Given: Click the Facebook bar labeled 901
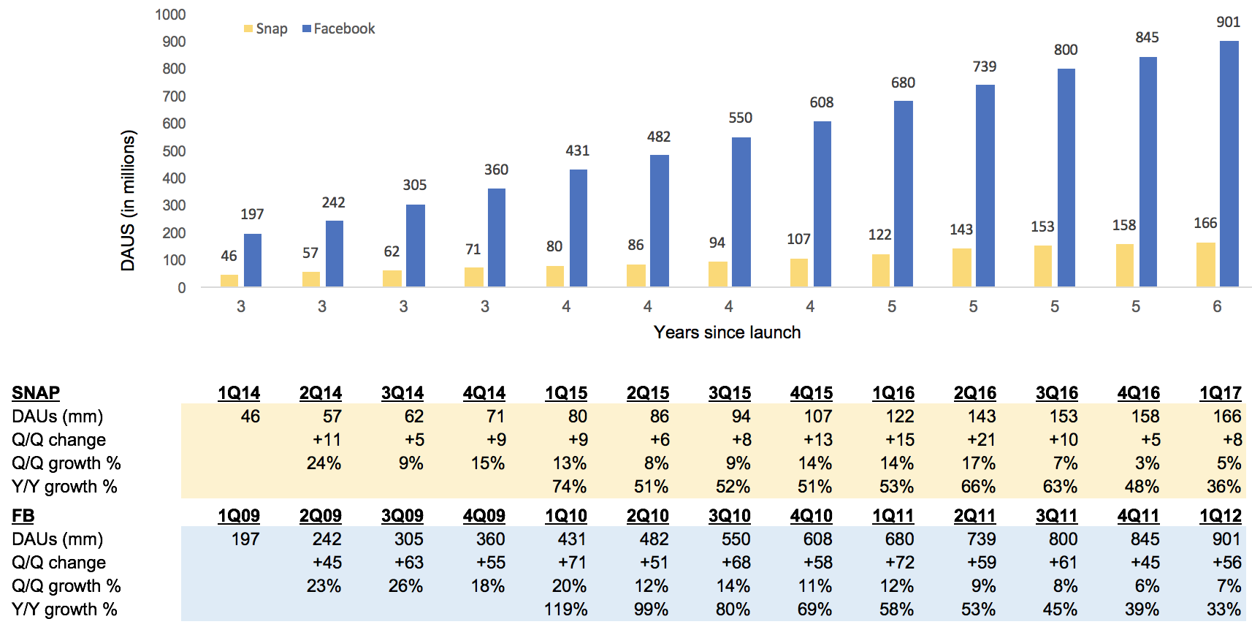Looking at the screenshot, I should point(1229,164).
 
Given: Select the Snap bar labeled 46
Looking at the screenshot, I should point(229,281).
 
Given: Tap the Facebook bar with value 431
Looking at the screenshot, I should point(578,228).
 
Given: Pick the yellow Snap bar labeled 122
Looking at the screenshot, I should point(880,270).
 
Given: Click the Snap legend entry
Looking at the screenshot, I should point(265,29).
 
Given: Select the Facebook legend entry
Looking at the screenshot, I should point(338,29).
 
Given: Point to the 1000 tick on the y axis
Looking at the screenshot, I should point(170,15).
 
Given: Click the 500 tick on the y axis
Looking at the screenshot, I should point(173,151).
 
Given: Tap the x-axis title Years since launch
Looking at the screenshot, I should point(727,332).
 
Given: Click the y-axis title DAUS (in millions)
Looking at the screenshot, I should point(129,201).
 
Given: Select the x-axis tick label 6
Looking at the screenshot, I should point(1217,307).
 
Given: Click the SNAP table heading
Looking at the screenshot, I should point(36,393).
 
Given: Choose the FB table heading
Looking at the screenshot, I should point(23,516).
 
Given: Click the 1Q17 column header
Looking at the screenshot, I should point(1220,393).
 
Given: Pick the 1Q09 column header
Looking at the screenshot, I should point(239,516).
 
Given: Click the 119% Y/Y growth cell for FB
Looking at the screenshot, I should point(566,609).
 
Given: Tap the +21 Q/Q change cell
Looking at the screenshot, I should point(981,440).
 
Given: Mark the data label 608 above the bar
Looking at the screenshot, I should point(822,103).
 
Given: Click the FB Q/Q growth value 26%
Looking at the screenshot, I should point(405,586).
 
